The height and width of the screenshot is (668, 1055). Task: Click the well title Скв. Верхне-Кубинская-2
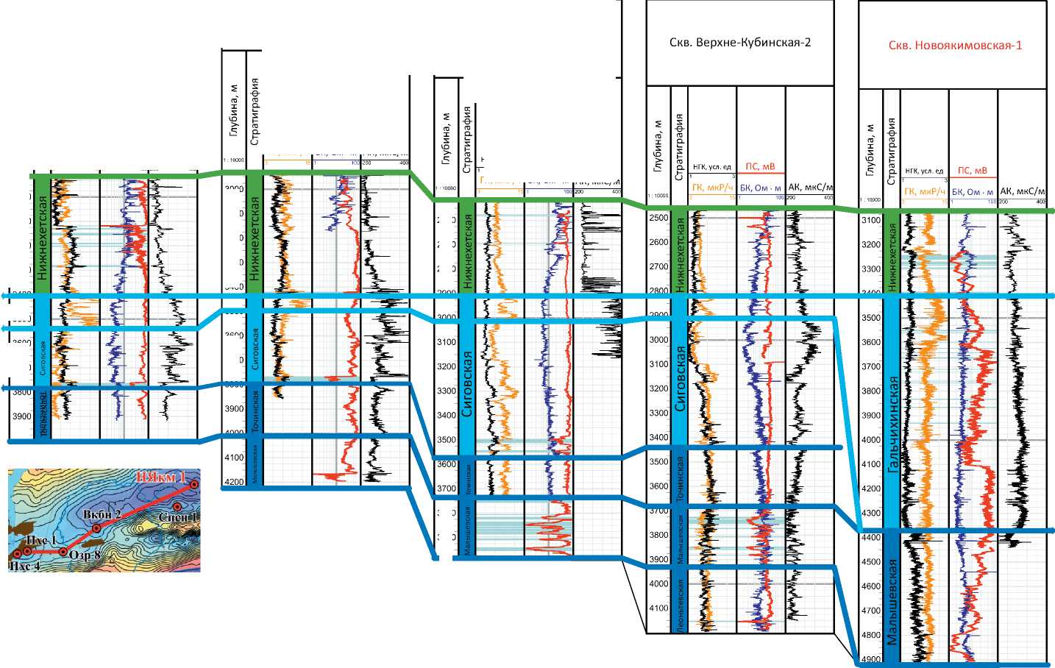tap(740, 43)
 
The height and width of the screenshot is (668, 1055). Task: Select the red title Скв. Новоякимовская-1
tap(955, 46)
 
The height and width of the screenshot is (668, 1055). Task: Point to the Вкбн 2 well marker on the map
tap(96, 528)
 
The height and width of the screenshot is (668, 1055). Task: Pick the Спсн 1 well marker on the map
tap(177, 506)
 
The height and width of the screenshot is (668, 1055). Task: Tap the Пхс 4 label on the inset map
tap(24, 566)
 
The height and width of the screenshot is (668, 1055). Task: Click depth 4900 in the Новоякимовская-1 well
tap(870, 659)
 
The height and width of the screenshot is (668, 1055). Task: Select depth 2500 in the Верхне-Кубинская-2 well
tap(658, 218)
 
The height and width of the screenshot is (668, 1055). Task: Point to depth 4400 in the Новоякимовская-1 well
tap(870, 538)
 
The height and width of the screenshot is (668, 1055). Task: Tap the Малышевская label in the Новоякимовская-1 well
tap(892, 602)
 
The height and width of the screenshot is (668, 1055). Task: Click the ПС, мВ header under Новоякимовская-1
tap(972, 171)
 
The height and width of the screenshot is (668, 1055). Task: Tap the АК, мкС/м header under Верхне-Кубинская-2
tap(809, 188)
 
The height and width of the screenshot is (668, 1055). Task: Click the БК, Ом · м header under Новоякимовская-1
tap(972, 192)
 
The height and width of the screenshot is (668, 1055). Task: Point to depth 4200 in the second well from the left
tap(235, 482)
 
